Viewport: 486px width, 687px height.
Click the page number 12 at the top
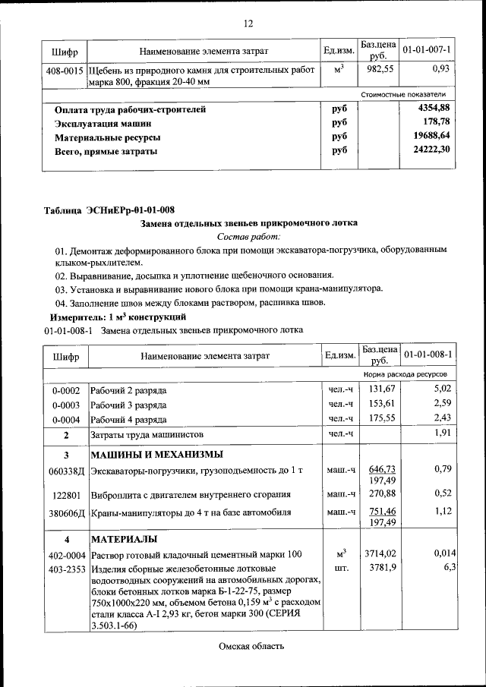(248, 24)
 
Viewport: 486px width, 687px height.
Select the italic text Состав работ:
(248, 237)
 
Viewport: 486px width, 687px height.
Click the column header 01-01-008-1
(428, 355)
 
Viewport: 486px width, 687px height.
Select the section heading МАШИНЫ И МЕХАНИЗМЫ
(156, 455)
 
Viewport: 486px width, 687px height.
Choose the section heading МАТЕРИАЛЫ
(124, 539)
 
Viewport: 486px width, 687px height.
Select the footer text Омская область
(251, 646)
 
